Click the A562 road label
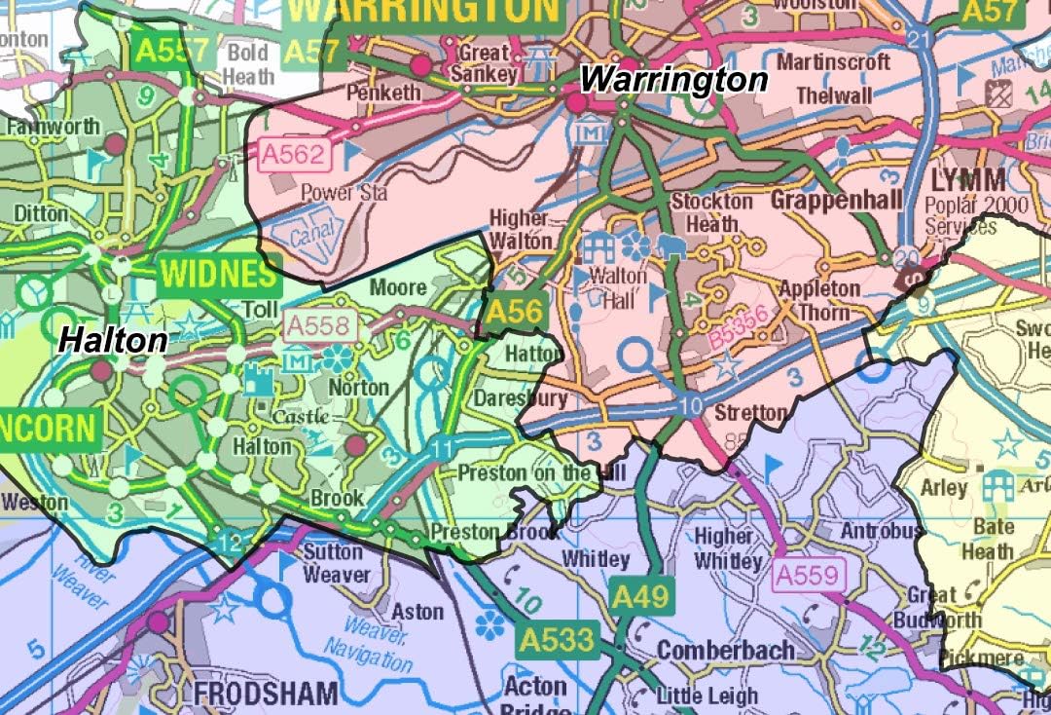(295, 154)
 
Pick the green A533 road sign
(556, 640)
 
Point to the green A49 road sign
(641, 597)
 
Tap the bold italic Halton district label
(112, 339)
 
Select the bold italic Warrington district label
(674, 79)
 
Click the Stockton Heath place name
(713, 211)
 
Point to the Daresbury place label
(520, 399)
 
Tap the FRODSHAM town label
(266, 694)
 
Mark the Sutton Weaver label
(337, 563)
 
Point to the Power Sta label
(344, 192)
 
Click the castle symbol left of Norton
(258, 380)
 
